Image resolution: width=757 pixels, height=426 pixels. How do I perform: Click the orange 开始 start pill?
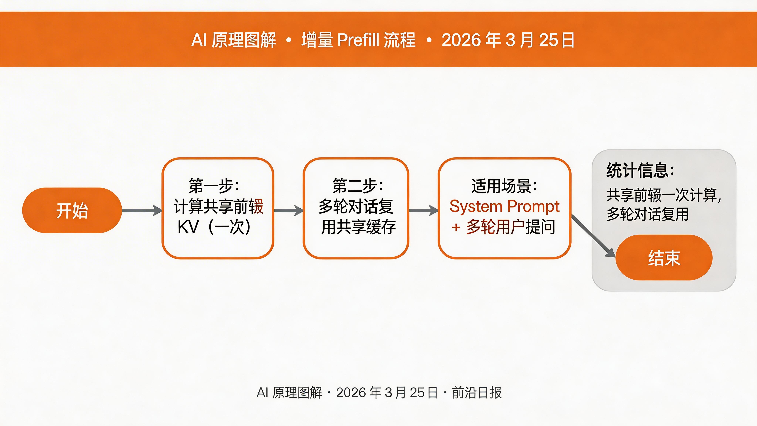point(72,210)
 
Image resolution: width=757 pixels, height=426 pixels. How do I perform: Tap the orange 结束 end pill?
point(664,258)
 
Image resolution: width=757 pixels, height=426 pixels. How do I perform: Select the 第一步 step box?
point(218,208)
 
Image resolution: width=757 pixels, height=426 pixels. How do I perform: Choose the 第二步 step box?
point(356,208)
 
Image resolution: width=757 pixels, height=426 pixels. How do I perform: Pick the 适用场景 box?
point(504,208)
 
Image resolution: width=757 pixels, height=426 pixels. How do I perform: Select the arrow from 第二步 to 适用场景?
point(423,210)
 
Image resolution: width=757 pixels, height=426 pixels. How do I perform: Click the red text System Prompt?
point(504,206)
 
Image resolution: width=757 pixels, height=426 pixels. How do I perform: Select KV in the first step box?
point(188,227)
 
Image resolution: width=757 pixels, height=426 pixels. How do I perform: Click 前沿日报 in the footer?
point(477,393)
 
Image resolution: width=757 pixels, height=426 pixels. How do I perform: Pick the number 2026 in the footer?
point(351,393)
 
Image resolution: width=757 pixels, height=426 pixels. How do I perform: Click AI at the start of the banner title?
point(199,40)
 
